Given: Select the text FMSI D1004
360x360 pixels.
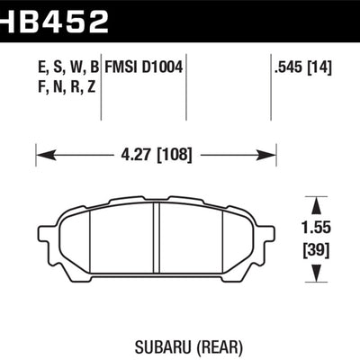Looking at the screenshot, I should (145, 66).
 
